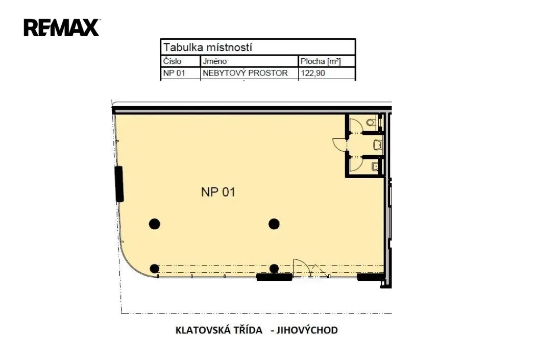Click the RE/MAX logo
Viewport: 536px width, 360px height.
pos(62,28)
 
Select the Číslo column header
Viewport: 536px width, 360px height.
pos(173,61)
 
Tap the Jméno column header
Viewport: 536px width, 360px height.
pos(214,61)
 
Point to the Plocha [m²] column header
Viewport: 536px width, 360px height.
pos(321,61)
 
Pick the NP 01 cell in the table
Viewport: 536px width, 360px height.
pos(174,73)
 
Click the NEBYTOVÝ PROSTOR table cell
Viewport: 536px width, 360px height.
pos(245,73)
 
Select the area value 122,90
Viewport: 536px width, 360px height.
pos(313,73)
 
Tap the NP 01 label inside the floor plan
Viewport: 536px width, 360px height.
pos(218,192)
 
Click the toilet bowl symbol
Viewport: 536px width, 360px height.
pos(371,122)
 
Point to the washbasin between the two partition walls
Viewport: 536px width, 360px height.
pos(378,145)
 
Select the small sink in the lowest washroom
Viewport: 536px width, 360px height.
pos(375,166)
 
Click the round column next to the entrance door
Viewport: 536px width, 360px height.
pos(274,269)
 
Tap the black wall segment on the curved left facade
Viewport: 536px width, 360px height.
pos(119,184)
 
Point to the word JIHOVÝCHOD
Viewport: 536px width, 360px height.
pos(307,330)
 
